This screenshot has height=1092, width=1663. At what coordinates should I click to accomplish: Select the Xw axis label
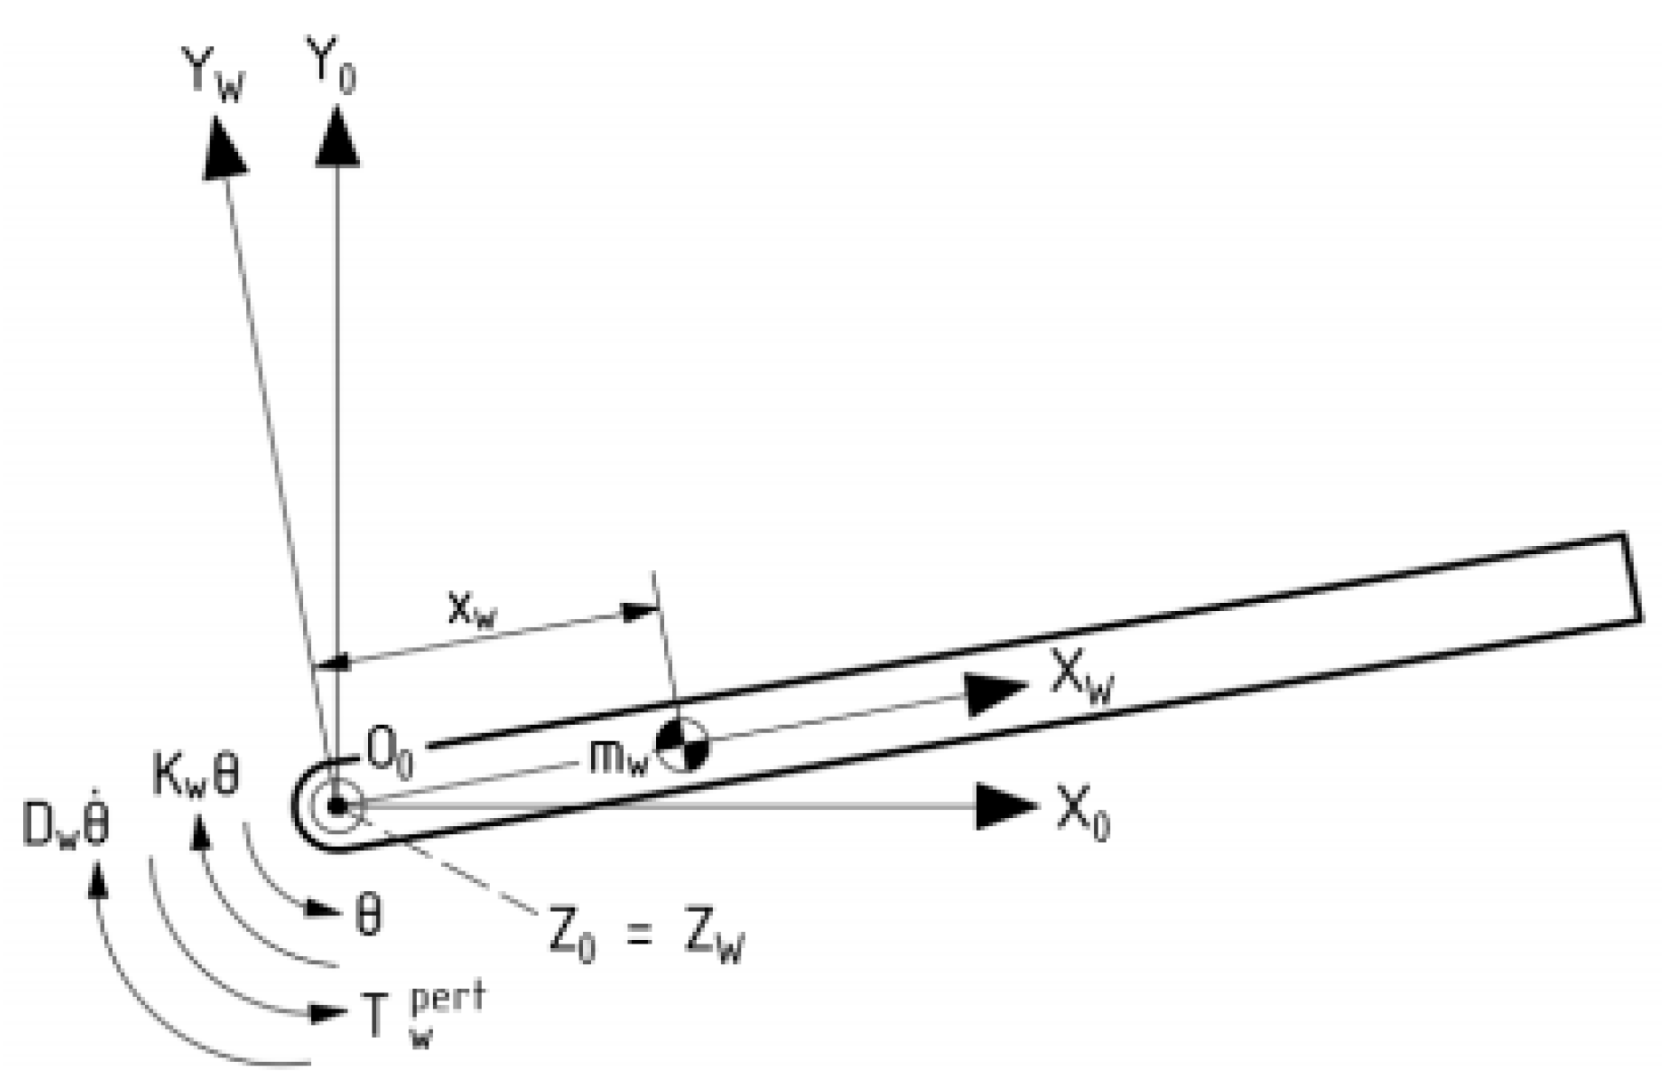click(x=1080, y=678)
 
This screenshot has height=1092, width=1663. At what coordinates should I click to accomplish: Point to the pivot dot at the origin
click(x=336, y=806)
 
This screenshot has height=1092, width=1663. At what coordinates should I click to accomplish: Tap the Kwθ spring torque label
click(x=196, y=779)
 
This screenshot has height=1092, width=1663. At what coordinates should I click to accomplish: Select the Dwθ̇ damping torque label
click(x=66, y=827)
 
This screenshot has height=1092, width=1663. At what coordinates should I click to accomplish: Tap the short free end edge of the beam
click(x=1632, y=578)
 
